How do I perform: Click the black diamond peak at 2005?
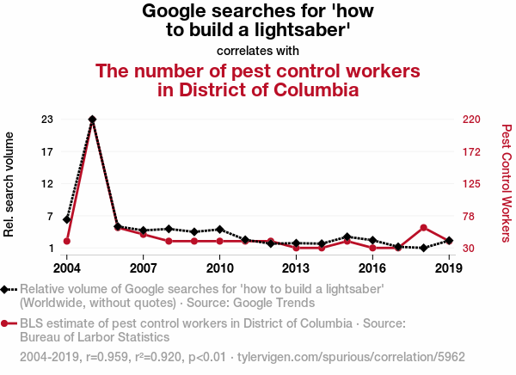click(92, 119)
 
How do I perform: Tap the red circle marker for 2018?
click(424, 228)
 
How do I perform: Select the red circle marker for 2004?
click(66, 241)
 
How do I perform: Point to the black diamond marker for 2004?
click(66, 219)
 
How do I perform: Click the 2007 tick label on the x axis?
click(143, 267)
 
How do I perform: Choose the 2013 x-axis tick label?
click(296, 267)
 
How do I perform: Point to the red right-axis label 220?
click(470, 119)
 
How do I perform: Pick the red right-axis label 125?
click(470, 184)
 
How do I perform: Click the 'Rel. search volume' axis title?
click(10, 184)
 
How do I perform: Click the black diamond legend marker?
click(8, 290)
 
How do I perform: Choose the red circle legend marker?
click(8, 323)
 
